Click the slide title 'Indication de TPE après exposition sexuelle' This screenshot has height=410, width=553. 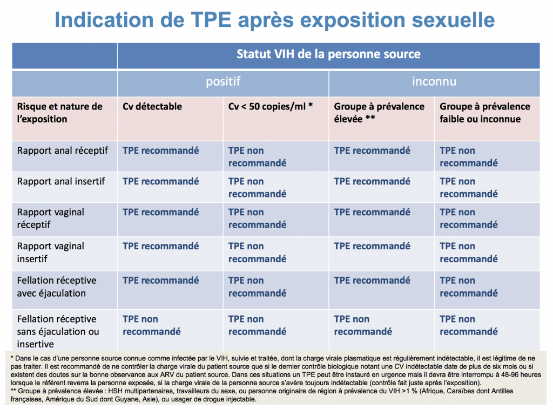[x=275, y=20]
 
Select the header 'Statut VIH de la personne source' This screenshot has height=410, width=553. [x=328, y=54]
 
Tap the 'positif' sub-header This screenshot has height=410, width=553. [x=223, y=82]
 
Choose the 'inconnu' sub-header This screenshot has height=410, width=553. [x=434, y=82]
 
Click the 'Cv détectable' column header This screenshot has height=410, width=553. [x=152, y=106]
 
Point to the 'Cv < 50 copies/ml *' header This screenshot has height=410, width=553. [x=271, y=106]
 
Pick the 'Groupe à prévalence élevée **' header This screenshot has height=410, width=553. [x=379, y=113]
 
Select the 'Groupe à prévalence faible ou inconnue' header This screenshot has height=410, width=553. [x=485, y=113]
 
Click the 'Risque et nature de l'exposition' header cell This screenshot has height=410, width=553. [x=59, y=113]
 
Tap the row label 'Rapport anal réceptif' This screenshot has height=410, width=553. [x=63, y=151]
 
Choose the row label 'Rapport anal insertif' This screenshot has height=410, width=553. [x=61, y=181]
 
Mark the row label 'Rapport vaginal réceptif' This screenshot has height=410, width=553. [x=51, y=218]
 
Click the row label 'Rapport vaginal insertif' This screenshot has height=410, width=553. [x=51, y=252]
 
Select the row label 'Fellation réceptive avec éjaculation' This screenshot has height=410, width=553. [x=57, y=287]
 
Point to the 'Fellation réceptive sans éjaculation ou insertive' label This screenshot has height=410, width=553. [x=58, y=331]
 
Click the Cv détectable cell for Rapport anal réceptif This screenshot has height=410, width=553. [x=161, y=151]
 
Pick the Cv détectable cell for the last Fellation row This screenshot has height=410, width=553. [x=152, y=325]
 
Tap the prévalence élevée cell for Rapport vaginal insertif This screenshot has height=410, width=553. [x=372, y=246]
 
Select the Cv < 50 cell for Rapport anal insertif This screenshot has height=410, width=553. [x=258, y=187]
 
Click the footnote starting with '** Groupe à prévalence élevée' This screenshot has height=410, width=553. [x=262, y=395]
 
